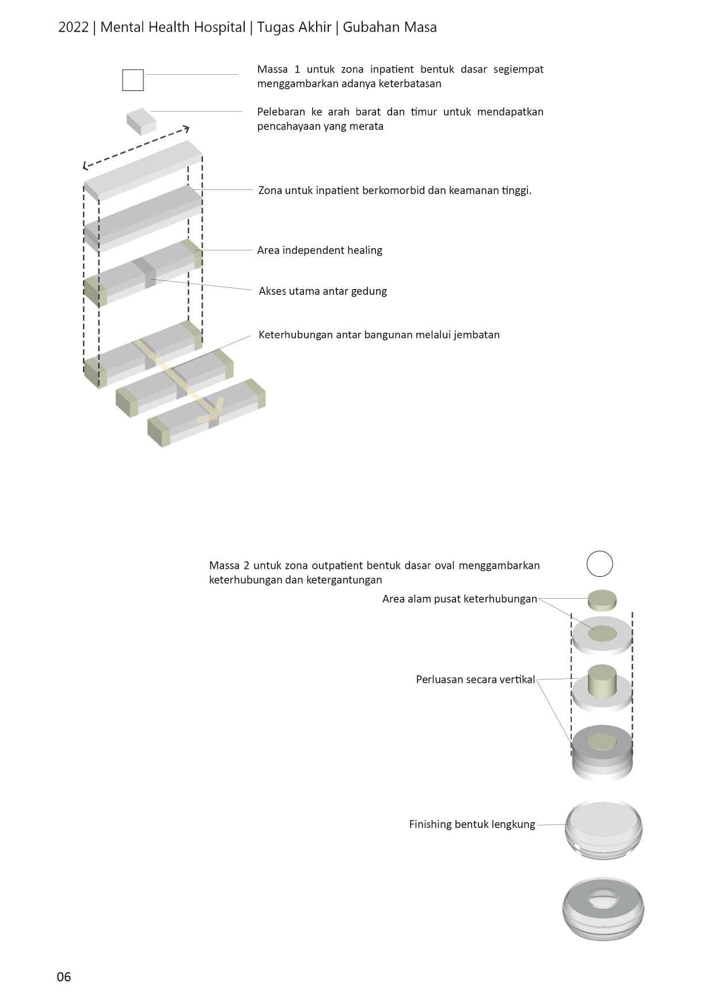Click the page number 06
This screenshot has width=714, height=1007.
(x=64, y=976)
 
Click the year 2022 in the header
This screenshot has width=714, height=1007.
(x=73, y=27)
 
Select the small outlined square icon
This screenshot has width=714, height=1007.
(x=133, y=80)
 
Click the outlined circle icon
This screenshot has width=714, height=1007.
(x=599, y=564)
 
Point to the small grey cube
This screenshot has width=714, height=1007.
(x=141, y=121)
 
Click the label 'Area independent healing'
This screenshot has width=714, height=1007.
(x=320, y=250)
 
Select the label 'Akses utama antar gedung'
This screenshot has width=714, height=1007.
(x=322, y=291)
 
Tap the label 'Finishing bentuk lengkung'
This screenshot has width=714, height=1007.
(x=472, y=824)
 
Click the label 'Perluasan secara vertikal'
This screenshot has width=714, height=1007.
(x=475, y=679)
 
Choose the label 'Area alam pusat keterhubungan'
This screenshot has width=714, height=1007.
(x=459, y=599)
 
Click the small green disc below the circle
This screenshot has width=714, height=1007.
(x=602, y=601)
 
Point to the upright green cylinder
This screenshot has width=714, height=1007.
(x=602, y=681)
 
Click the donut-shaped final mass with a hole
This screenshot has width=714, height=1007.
(x=603, y=909)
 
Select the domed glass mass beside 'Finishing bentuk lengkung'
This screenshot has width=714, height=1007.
(x=603, y=829)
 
